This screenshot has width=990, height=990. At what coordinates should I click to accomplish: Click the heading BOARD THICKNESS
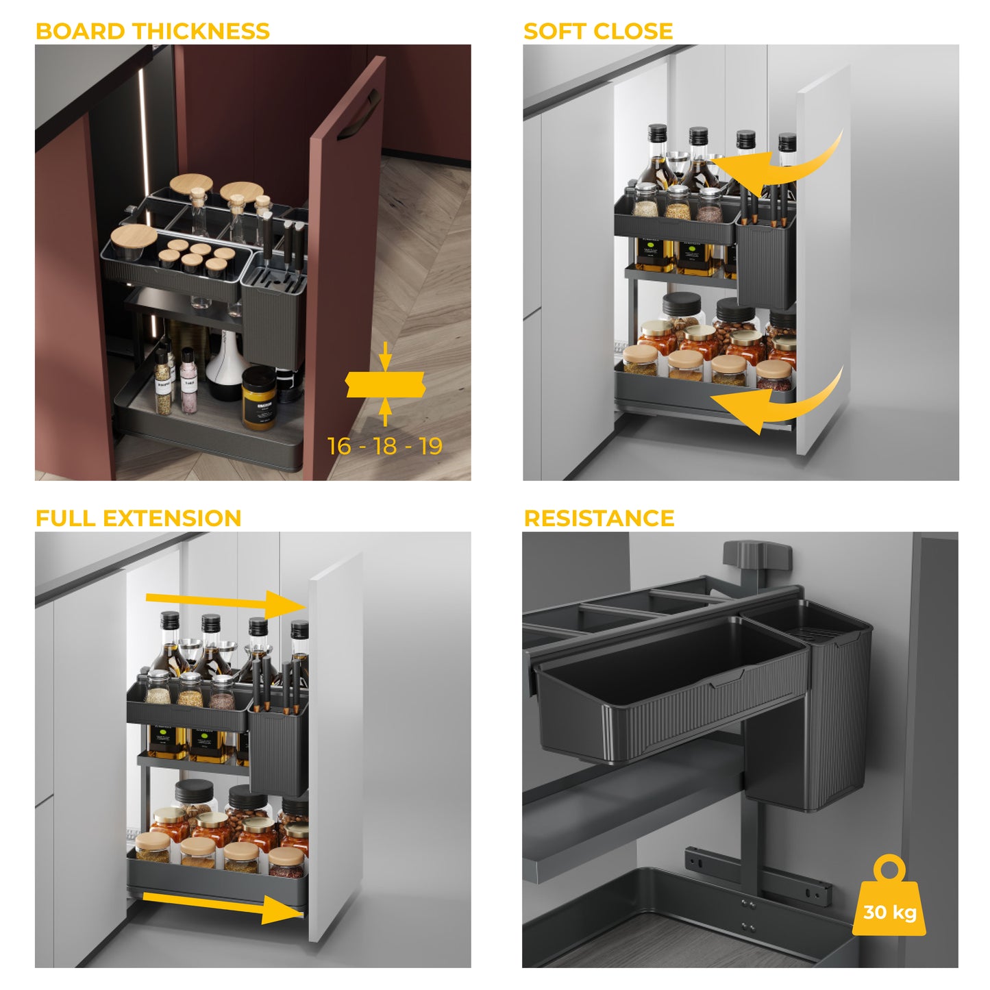[x=152, y=32]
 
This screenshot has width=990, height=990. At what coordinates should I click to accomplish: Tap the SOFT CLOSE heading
[x=597, y=32]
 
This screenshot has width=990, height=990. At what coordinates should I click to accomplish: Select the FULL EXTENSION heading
[x=138, y=518]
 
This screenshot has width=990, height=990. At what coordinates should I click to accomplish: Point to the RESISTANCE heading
[x=599, y=518]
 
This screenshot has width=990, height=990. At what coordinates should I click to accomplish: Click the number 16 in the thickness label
[x=339, y=447]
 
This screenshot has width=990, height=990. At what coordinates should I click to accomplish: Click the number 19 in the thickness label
[x=431, y=447]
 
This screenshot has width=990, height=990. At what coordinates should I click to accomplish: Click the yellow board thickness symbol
[x=385, y=384]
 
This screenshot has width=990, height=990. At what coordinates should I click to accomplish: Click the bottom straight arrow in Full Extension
[x=223, y=904]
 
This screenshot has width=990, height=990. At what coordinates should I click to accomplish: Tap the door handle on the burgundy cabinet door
[x=356, y=116]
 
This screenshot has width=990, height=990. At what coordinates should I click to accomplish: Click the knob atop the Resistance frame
[x=756, y=554]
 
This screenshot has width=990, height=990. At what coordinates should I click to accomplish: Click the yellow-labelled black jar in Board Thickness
[x=258, y=397]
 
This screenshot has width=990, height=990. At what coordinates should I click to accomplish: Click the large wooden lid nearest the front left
[x=134, y=236]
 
